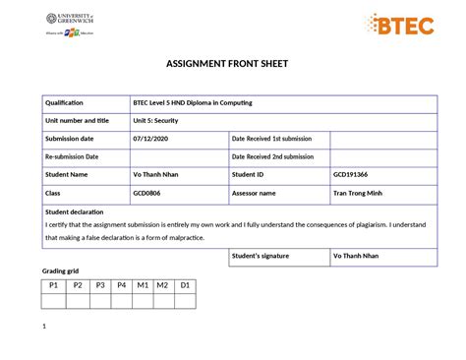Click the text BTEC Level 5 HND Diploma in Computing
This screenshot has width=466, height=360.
click(x=193, y=102)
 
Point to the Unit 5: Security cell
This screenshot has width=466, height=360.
click(x=155, y=120)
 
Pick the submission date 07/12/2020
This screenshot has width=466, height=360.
click(x=151, y=139)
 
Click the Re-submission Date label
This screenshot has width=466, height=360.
click(x=72, y=156)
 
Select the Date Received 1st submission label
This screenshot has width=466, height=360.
click(x=271, y=139)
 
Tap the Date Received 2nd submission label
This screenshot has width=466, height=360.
click(x=272, y=156)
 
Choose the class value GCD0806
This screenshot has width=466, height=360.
click(x=149, y=193)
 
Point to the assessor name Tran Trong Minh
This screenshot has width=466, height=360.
click(x=363, y=193)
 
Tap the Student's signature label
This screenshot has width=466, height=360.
click(x=261, y=256)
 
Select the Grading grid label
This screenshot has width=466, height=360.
click(x=60, y=270)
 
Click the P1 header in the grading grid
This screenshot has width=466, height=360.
click(x=54, y=285)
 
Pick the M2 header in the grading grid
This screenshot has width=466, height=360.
click(x=162, y=285)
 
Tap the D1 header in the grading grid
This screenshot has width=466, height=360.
click(x=185, y=285)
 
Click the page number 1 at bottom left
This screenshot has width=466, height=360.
click(x=44, y=326)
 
